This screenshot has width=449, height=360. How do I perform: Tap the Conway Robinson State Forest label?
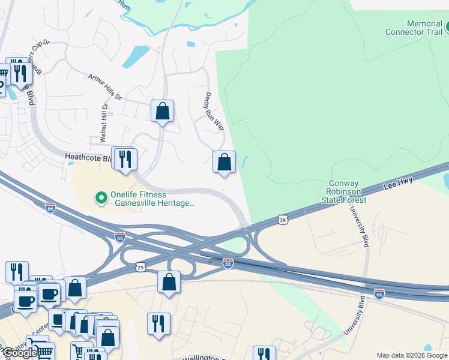[344, 191]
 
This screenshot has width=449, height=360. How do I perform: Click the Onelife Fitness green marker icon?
[101, 196]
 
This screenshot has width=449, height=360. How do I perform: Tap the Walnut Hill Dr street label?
[104, 122]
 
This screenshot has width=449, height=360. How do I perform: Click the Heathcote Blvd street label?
[88, 158]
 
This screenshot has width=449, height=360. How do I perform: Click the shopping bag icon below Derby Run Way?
[224, 162]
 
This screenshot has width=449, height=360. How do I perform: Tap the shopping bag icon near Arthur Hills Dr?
[162, 111]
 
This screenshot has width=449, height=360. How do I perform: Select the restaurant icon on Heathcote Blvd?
[126, 159]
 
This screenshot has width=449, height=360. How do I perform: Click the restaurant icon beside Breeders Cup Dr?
[22, 73]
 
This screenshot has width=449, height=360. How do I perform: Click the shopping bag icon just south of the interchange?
[169, 281]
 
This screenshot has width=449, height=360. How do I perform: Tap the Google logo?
[19, 353]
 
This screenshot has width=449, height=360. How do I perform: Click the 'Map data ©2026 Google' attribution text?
[411, 355]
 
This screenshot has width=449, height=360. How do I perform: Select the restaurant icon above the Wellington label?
[158, 323]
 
